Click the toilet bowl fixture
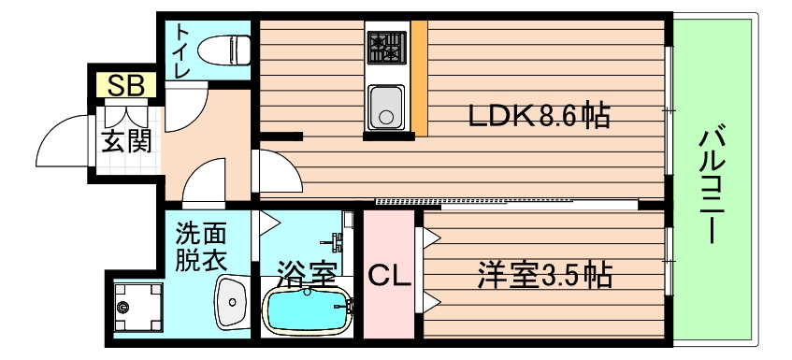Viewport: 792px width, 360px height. point(224,47)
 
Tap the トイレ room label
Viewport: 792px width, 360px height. point(180,51)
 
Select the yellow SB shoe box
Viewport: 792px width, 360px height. point(125,87)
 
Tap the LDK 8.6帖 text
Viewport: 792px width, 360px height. point(540,117)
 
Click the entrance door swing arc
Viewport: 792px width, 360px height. point(56,140)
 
